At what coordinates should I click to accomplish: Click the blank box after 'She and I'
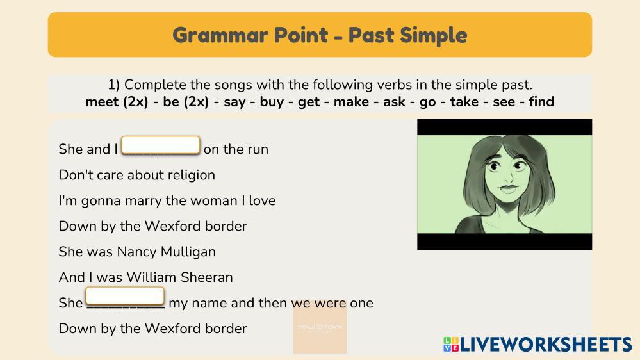click(161, 145)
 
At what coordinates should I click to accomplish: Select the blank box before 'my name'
click(125, 296)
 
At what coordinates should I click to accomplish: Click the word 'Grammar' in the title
click(220, 35)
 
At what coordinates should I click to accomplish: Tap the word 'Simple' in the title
click(434, 36)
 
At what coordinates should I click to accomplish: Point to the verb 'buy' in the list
click(272, 102)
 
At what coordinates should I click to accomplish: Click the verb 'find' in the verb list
click(541, 101)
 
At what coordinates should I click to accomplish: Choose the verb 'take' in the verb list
click(464, 101)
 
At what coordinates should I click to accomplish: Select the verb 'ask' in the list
click(394, 101)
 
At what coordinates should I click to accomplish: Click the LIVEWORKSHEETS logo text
click(546, 345)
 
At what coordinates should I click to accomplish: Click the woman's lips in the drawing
click(508, 189)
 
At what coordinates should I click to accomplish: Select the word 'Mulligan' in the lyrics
click(188, 252)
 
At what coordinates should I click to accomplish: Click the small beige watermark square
click(320, 327)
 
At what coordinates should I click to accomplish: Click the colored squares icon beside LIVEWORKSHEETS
click(450, 345)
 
